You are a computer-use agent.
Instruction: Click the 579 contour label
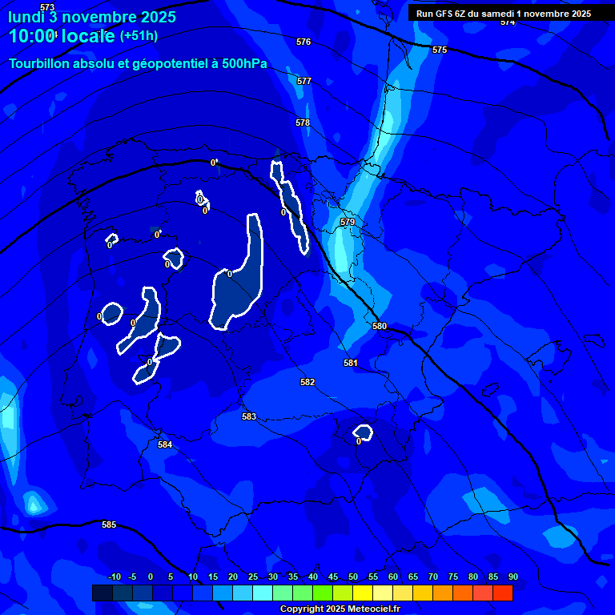point(347,222)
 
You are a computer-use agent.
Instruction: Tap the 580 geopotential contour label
point(380,326)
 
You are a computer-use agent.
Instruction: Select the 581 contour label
point(350,363)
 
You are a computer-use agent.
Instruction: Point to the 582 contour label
point(307,382)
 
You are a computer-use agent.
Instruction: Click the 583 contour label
point(249,416)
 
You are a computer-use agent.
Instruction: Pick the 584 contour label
point(165,444)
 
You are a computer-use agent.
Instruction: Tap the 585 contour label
point(109,525)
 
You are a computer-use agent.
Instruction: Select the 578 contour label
point(302,123)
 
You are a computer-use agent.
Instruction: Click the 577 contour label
point(303,81)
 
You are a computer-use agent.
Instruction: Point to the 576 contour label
point(303,42)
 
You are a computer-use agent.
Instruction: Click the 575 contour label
point(440,50)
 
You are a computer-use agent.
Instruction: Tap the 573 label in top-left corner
point(47,7)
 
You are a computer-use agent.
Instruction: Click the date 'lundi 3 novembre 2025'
point(92,17)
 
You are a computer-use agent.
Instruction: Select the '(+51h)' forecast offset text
point(139,36)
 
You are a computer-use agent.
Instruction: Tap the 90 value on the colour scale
point(512,577)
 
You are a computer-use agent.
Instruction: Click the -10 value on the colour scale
point(115,577)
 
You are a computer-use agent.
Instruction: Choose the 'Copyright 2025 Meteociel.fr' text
point(340,609)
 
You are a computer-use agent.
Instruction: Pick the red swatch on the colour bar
point(503,593)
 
